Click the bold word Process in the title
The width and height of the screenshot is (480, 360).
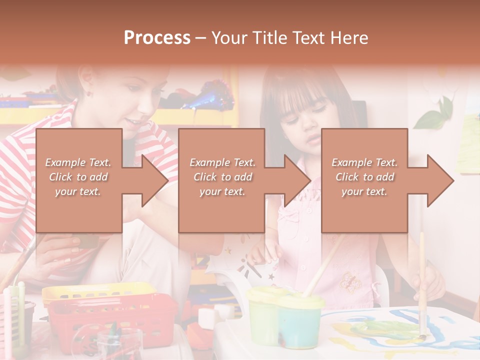click(x=157, y=38)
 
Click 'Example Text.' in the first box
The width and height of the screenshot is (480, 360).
click(x=78, y=162)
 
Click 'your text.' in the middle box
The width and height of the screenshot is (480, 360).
click(x=222, y=191)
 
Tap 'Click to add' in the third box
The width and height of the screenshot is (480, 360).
click(x=365, y=177)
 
